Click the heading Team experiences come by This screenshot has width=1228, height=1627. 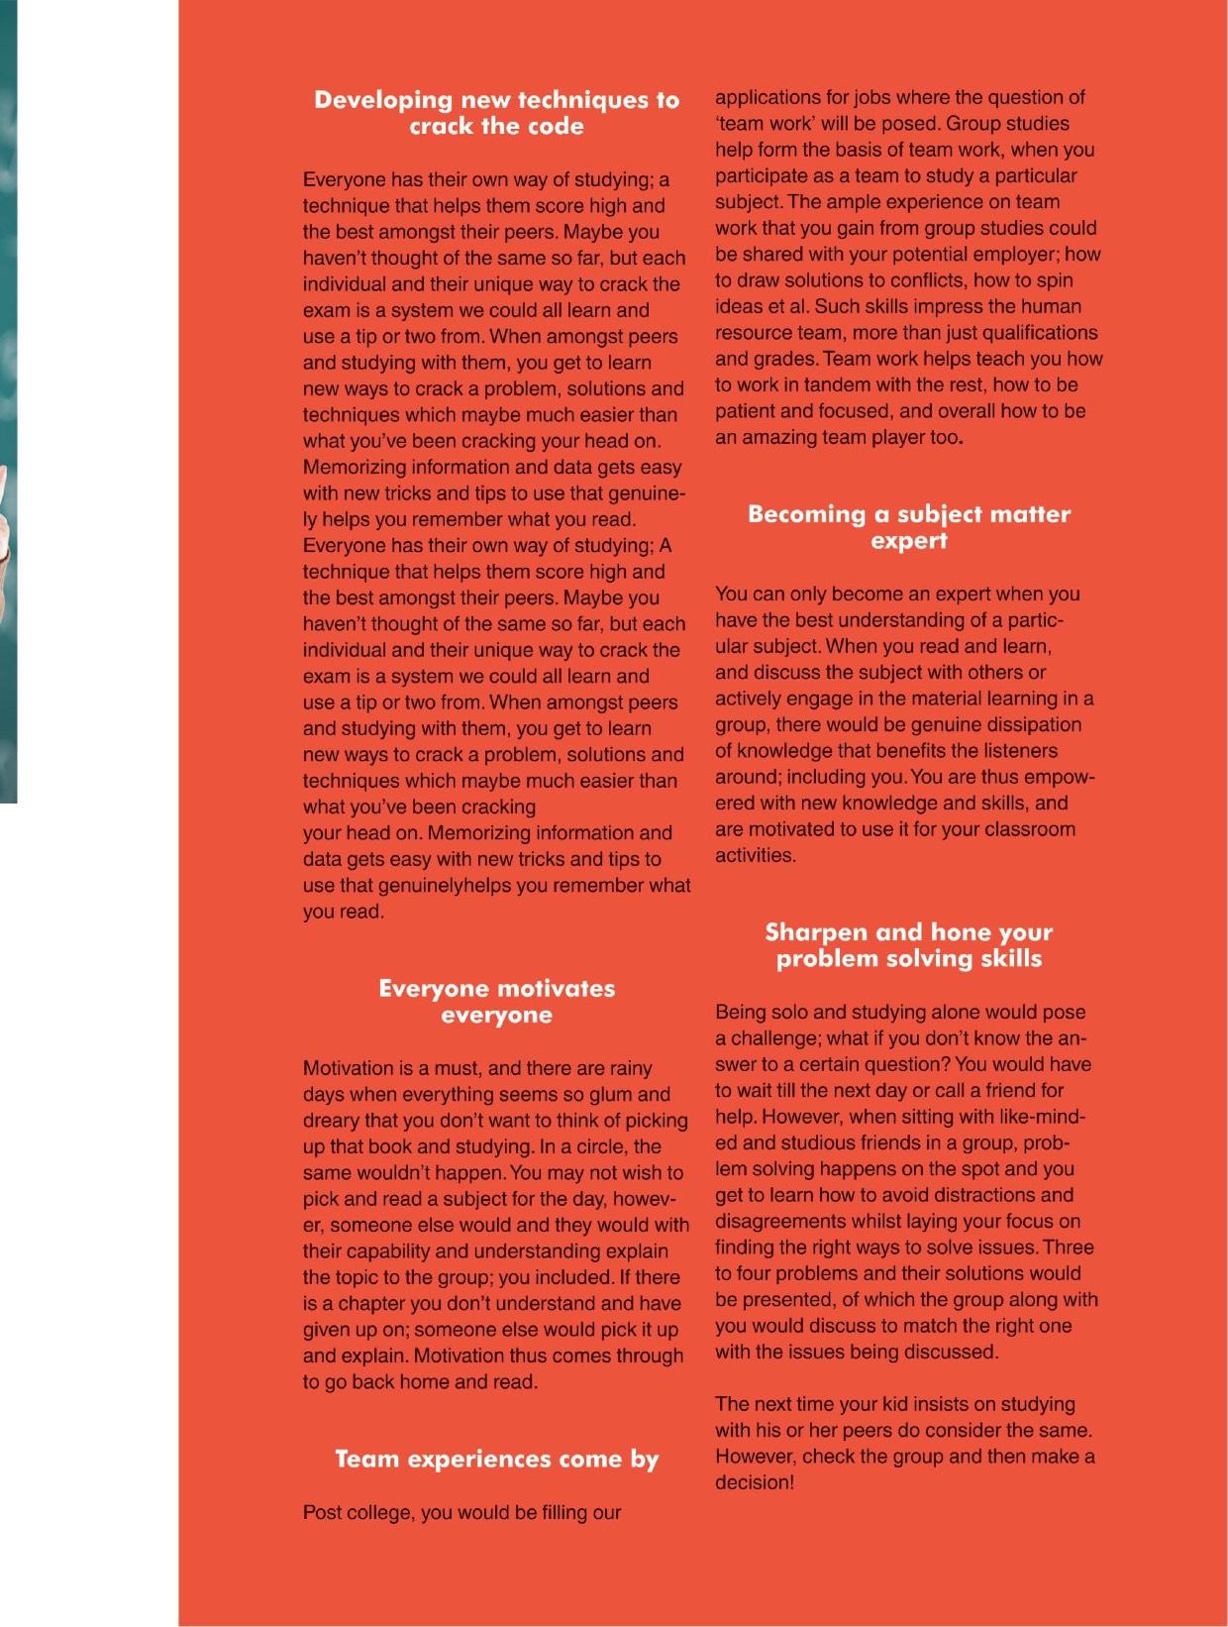(x=496, y=1460)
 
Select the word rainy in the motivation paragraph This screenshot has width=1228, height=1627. (x=630, y=1068)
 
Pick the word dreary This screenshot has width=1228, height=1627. (x=333, y=1121)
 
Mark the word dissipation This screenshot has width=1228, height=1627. (x=1031, y=724)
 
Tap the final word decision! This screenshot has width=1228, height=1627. (x=755, y=1483)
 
